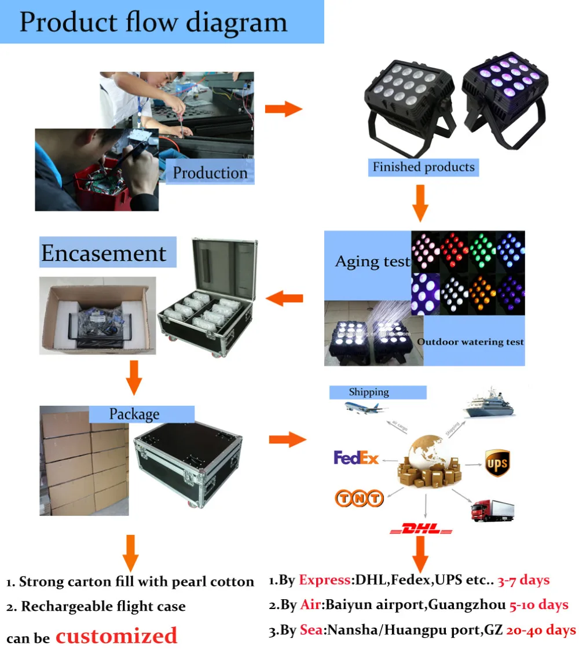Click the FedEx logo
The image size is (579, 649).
(356, 459)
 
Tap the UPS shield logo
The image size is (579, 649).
(497, 463)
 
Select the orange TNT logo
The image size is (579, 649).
(359, 498)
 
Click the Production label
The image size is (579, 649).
(210, 173)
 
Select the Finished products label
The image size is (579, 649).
(423, 167)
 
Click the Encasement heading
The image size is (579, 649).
(104, 253)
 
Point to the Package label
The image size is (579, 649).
(134, 414)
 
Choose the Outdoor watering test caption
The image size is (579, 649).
(470, 342)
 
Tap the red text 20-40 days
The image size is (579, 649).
(541, 630)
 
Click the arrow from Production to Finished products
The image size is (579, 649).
(284, 109)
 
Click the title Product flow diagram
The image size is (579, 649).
(153, 22)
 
